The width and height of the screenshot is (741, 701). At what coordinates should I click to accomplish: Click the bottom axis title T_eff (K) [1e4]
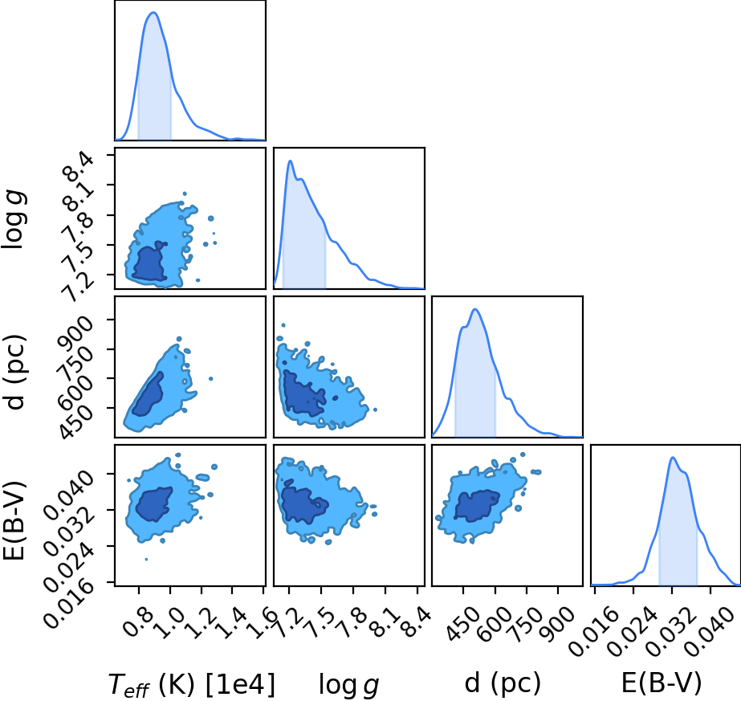(x=191, y=684)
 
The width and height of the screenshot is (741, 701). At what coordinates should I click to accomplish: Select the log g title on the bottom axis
(x=348, y=684)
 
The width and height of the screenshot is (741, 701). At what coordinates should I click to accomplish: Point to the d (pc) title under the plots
(x=503, y=683)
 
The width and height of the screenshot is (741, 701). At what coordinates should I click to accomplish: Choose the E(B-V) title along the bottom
(x=662, y=683)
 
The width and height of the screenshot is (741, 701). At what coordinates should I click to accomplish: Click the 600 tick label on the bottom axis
(x=494, y=625)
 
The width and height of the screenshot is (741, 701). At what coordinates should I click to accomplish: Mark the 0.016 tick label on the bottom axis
(x=593, y=632)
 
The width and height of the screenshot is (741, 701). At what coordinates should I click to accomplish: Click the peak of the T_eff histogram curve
(x=153, y=12)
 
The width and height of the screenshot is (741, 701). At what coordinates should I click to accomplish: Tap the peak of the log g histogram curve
(x=290, y=161)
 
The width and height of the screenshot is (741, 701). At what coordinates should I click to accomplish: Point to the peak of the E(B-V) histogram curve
(x=673, y=457)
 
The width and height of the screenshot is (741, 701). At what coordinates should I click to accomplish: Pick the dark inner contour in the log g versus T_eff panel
(x=149, y=262)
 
